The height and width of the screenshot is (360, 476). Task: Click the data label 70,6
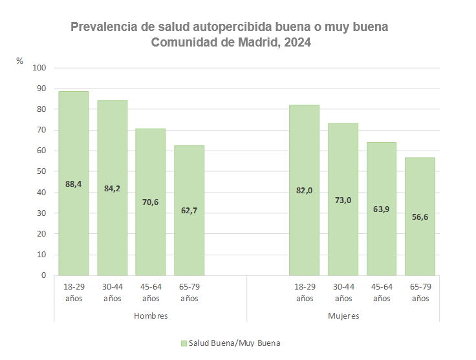click(150, 202)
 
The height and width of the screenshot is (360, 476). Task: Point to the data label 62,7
click(189, 210)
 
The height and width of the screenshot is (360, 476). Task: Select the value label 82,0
click(304, 190)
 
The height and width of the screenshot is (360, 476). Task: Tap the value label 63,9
click(381, 209)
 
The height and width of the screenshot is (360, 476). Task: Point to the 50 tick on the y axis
click(41, 171)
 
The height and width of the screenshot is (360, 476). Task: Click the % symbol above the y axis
click(20, 61)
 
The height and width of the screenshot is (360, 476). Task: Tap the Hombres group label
click(151, 316)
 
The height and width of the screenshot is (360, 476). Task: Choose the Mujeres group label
click(343, 316)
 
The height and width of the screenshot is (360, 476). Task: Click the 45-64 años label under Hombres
click(151, 292)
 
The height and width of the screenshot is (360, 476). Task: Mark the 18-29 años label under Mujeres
click(305, 292)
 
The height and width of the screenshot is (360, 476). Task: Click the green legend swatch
click(184, 343)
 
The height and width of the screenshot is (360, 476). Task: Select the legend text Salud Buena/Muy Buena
click(234, 343)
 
